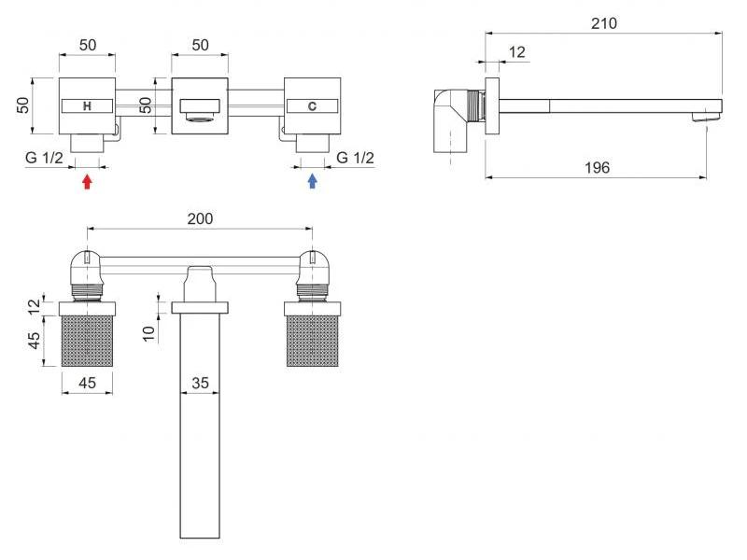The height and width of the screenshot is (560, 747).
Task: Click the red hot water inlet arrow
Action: click(x=87, y=181)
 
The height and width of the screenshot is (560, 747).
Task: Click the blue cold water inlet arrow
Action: click(x=312, y=181)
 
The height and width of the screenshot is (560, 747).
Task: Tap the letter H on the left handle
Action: click(x=87, y=106)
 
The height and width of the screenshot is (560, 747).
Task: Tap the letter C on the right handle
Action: click(x=312, y=106)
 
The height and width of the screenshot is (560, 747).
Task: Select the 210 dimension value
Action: click(x=603, y=23)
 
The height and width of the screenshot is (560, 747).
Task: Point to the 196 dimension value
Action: click(x=597, y=168)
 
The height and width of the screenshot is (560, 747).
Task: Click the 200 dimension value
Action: click(x=200, y=218)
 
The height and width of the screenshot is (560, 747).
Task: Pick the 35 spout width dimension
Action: click(x=200, y=383)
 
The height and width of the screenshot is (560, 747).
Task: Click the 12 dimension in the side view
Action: click(x=517, y=52)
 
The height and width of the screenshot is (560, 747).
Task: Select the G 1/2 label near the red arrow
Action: click(x=44, y=158)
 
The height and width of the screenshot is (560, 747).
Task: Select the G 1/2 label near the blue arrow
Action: click(x=356, y=158)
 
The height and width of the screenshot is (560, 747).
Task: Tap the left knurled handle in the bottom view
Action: click(x=87, y=341)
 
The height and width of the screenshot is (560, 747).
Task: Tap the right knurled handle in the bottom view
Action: click(x=313, y=341)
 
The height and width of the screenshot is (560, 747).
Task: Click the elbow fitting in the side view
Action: click(x=451, y=121)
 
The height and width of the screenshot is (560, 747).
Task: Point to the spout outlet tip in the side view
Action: click(x=707, y=116)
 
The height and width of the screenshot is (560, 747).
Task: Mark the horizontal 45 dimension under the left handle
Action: click(x=87, y=383)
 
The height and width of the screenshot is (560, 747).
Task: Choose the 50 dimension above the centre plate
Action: click(x=200, y=45)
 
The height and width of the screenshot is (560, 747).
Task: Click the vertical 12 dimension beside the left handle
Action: click(x=35, y=306)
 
